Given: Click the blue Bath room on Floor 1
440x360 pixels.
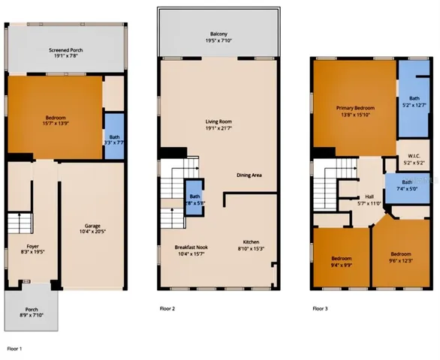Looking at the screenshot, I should coord(113,136).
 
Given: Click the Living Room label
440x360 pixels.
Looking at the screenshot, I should coord(219,124).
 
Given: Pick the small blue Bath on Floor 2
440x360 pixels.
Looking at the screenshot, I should coord(194,198).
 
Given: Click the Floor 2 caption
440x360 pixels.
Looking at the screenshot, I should coord(167,307).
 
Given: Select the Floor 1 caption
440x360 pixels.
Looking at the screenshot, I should coord(15,349).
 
